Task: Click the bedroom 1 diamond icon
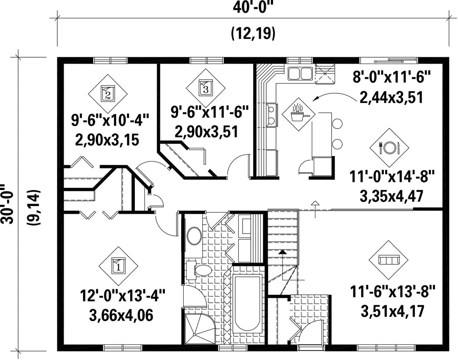click(118, 266)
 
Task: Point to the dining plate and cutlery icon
click(389, 148)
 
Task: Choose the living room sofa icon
click(389, 260)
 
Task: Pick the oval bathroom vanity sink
click(194, 236)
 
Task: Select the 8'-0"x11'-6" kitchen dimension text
click(392, 77)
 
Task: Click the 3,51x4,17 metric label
click(392, 311)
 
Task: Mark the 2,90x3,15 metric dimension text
click(107, 140)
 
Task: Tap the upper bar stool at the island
click(337, 123)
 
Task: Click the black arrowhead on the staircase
click(282, 252)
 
